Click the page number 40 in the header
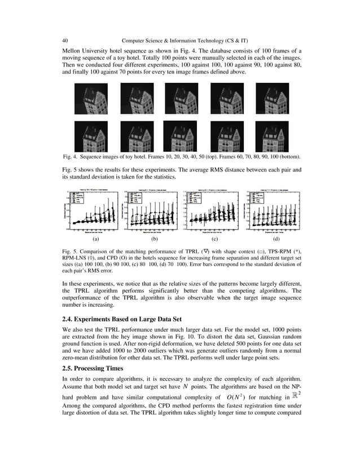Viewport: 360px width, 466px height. (x=65, y=40)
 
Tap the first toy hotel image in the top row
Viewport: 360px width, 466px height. (x=91, y=99)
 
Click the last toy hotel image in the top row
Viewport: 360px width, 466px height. (x=272, y=99)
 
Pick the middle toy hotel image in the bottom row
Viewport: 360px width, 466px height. (x=181, y=136)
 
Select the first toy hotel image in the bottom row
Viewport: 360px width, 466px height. (x=91, y=136)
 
